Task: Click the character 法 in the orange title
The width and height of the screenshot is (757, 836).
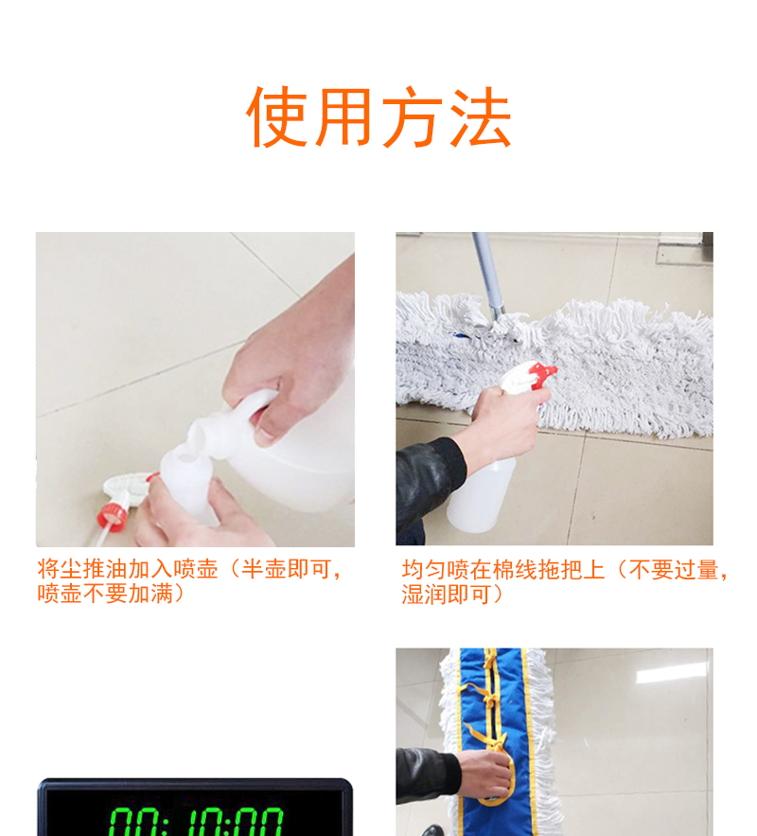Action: [480, 118]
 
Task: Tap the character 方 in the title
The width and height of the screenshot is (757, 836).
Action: [414, 118]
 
